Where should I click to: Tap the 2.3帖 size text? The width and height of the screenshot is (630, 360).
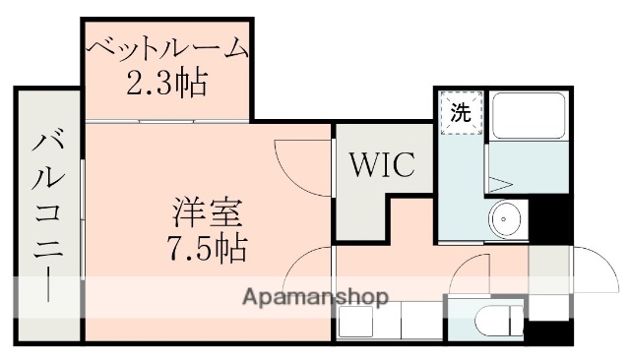point(167,85)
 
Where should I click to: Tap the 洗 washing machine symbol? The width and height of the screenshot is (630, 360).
point(461,112)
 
